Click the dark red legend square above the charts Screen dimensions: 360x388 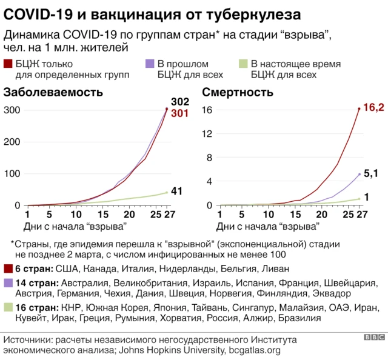(x=8, y=63)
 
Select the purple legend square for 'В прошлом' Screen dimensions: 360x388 (x=149, y=63)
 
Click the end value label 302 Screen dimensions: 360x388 (x=179, y=101)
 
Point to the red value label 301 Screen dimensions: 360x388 (x=179, y=113)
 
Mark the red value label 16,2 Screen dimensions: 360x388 (x=375, y=107)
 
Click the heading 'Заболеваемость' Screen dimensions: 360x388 (x=53, y=93)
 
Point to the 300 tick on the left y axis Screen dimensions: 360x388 (x=12, y=110)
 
